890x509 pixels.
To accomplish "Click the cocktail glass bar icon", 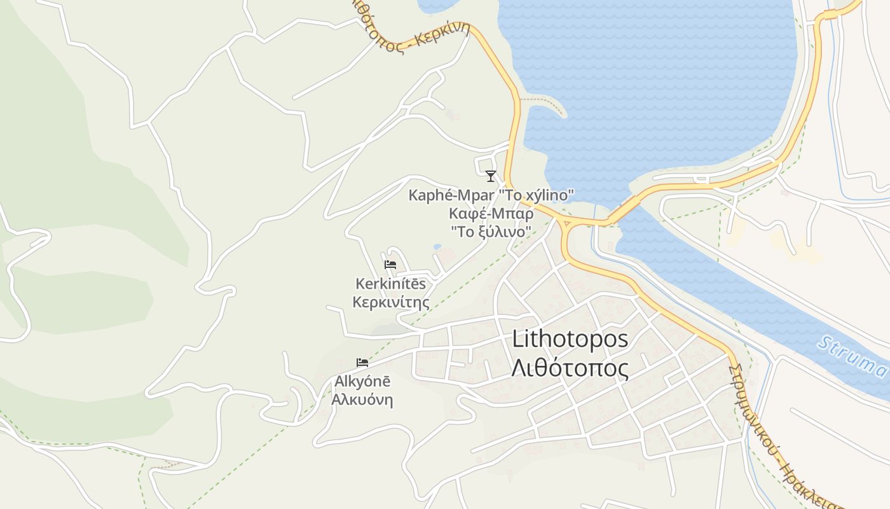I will pyautogui.click(x=490, y=176).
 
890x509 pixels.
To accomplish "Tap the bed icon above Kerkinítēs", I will pyautogui.click(x=390, y=265).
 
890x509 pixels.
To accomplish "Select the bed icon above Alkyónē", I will pyautogui.click(x=362, y=363).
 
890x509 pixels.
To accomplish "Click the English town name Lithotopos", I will pyautogui.click(x=570, y=339).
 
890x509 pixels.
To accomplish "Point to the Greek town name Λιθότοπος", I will pyautogui.click(x=570, y=368).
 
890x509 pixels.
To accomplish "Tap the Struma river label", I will pyautogui.click(x=852, y=356).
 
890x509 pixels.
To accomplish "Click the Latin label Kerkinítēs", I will pyautogui.click(x=390, y=284).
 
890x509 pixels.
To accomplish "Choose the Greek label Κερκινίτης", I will pyautogui.click(x=390, y=302).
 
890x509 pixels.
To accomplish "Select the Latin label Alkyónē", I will pyautogui.click(x=362, y=382).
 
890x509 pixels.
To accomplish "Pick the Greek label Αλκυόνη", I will pyautogui.click(x=362, y=400).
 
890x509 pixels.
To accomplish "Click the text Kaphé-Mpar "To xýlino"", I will pyautogui.click(x=491, y=195).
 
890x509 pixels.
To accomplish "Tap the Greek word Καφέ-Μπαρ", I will pyautogui.click(x=491, y=213).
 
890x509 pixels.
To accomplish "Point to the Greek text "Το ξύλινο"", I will pyautogui.click(x=491, y=232).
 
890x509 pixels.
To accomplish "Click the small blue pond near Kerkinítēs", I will pyautogui.click(x=437, y=246).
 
